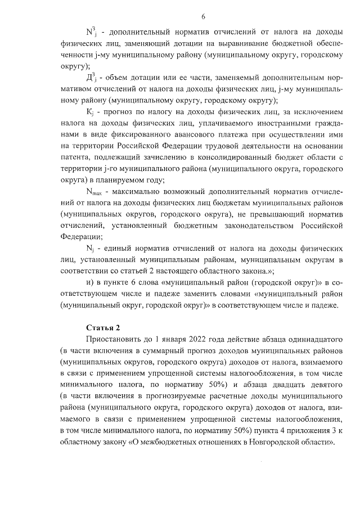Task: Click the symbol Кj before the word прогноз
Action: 90,112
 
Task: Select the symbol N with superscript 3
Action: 91,32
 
